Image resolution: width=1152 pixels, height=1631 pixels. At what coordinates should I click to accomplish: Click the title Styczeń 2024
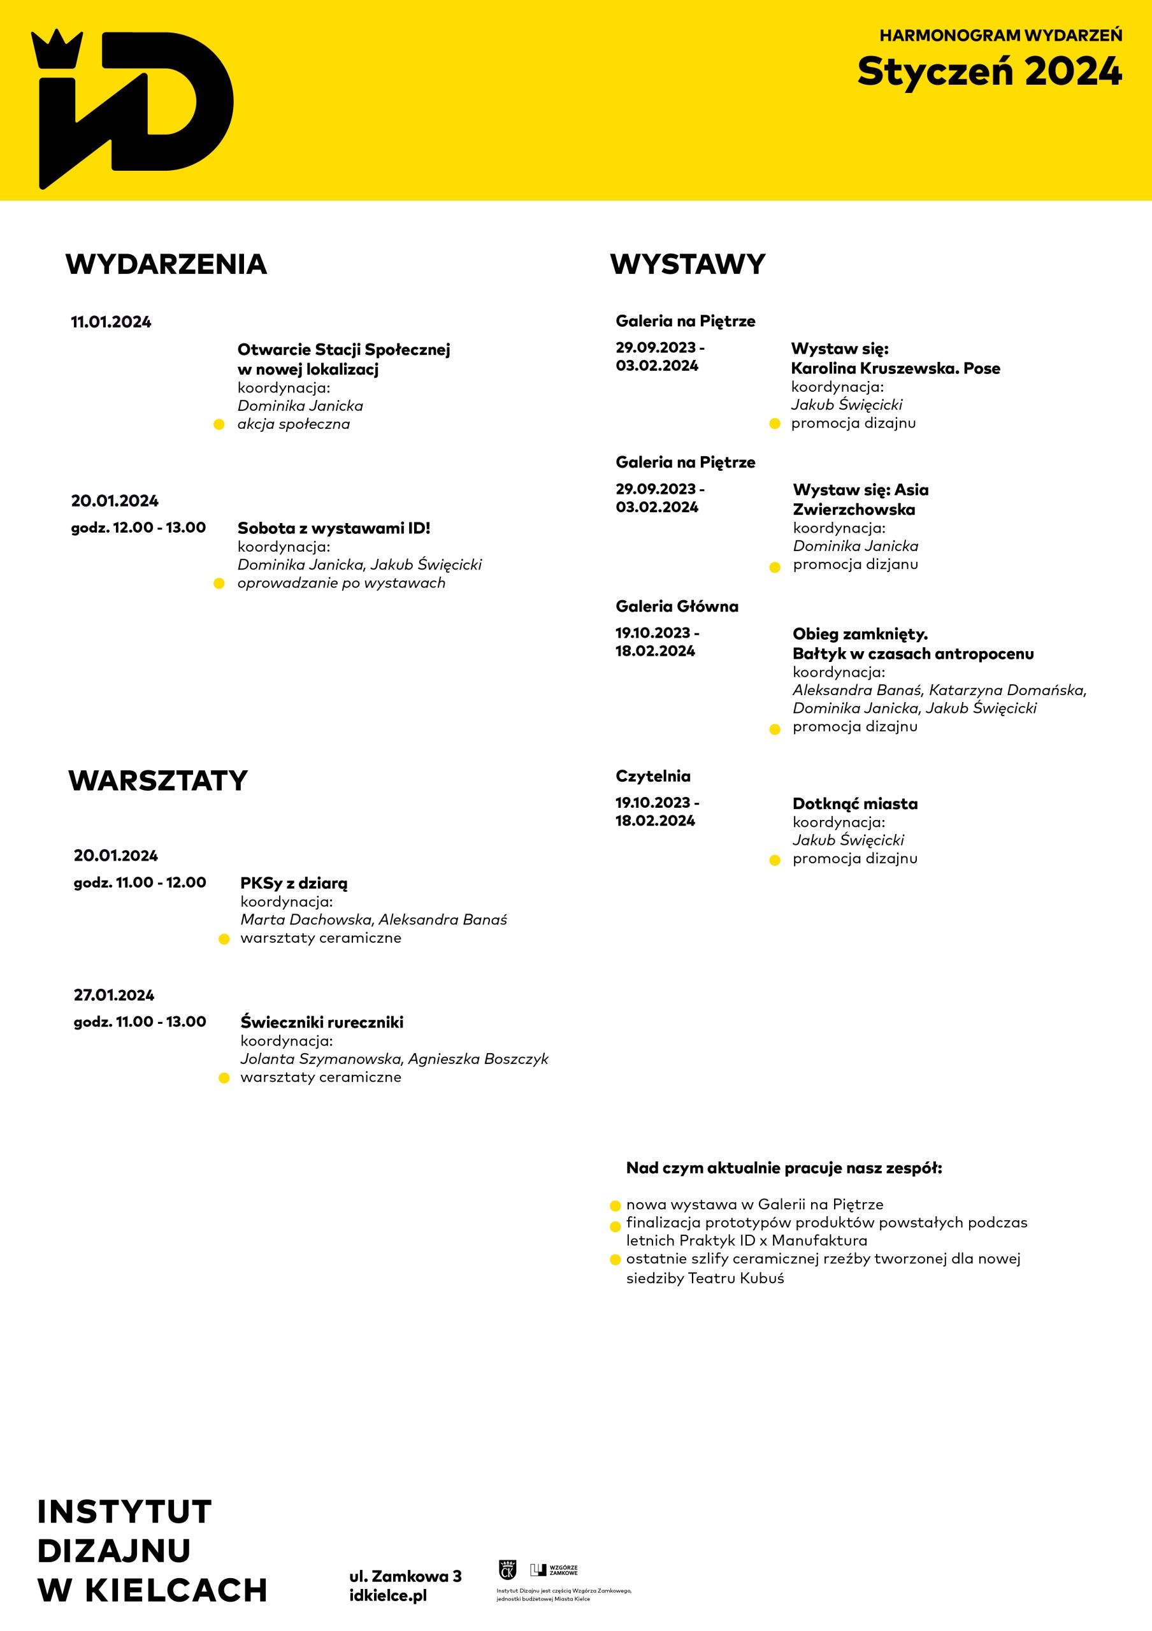[x=989, y=72]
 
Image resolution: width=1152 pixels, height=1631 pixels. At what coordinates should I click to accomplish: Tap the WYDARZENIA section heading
[x=166, y=264]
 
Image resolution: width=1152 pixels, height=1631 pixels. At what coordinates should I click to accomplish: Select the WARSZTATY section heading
[x=157, y=780]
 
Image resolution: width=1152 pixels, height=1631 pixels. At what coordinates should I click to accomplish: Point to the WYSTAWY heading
[x=688, y=264]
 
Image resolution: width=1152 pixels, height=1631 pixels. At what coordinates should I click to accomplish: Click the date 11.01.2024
[x=111, y=322]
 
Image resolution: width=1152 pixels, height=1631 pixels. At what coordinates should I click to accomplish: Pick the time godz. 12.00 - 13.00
[x=138, y=527]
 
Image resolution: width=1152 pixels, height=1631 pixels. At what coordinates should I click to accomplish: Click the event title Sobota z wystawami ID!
[x=334, y=528]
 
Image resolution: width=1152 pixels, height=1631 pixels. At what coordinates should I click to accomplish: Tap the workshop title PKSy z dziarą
[x=294, y=883]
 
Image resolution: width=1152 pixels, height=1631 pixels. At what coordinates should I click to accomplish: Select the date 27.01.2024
[x=113, y=995]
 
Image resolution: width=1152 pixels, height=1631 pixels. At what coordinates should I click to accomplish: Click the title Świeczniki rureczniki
[x=322, y=1021]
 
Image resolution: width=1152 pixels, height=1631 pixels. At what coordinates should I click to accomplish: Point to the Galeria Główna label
[x=677, y=606]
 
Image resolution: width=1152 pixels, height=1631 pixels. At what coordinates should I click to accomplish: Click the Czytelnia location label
[x=652, y=776]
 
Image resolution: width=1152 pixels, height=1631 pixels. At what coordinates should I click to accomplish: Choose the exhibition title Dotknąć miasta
[x=855, y=803]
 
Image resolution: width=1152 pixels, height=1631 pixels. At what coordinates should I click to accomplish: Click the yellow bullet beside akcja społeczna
[x=219, y=425]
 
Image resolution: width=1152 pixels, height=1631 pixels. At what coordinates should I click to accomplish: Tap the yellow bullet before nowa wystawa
[x=616, y=1205]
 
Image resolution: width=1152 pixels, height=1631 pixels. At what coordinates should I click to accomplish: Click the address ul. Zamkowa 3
[x=405, y=1576]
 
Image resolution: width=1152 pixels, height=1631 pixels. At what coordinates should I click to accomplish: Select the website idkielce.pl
[x=388, y=1595]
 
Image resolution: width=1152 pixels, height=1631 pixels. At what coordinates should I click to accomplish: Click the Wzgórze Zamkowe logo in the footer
[x=554, y=1569]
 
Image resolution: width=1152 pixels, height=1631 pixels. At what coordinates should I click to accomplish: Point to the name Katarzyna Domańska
[x=1006, y=690]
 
